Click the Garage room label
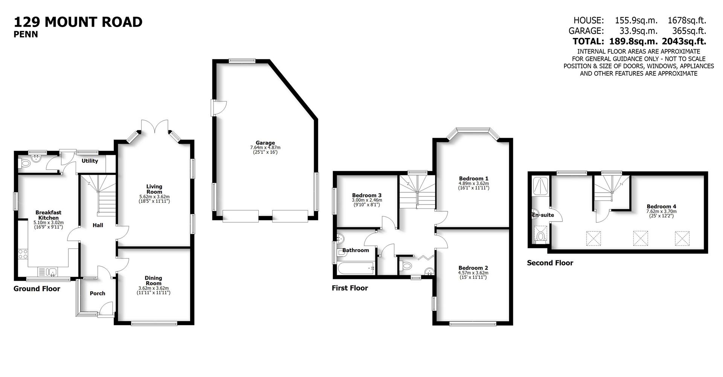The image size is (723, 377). [265, 143]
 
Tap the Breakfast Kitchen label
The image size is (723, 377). [48, 215]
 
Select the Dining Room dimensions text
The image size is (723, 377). [153, 290]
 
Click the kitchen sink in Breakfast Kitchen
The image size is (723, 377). [48, 272]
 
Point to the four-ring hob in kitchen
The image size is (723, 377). [23, 254]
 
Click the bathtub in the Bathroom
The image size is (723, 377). [356, 268]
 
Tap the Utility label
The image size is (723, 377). [90, 161]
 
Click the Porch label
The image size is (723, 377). [97, 293]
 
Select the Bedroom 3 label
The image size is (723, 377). [366, 195]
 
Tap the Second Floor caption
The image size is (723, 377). [550, 263]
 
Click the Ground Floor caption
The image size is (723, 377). [37, 289]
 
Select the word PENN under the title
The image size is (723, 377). [26, 35]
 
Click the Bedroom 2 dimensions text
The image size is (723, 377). [473, 275]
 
